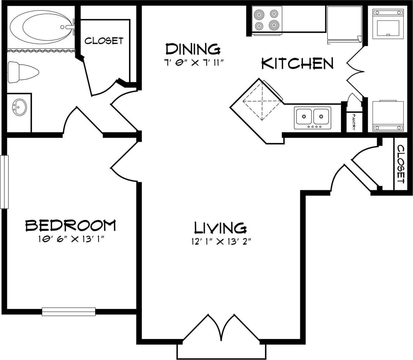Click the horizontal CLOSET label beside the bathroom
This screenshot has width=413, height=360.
point(104,41)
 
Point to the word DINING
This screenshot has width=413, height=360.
point(193,49)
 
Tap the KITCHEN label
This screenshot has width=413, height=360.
point(297,64)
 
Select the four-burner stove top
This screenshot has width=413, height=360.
point(267,20)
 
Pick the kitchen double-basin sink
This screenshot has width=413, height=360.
point(312,117)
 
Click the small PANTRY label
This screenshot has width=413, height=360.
point(354,122)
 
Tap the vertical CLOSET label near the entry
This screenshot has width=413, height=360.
point(401,164)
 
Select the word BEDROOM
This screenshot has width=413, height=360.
point(71,225)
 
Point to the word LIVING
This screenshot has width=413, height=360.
point(220,228)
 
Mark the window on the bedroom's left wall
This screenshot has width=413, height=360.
point(4,182)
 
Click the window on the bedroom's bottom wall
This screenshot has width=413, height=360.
point(69,311)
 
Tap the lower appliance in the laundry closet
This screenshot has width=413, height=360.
point(388,116)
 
